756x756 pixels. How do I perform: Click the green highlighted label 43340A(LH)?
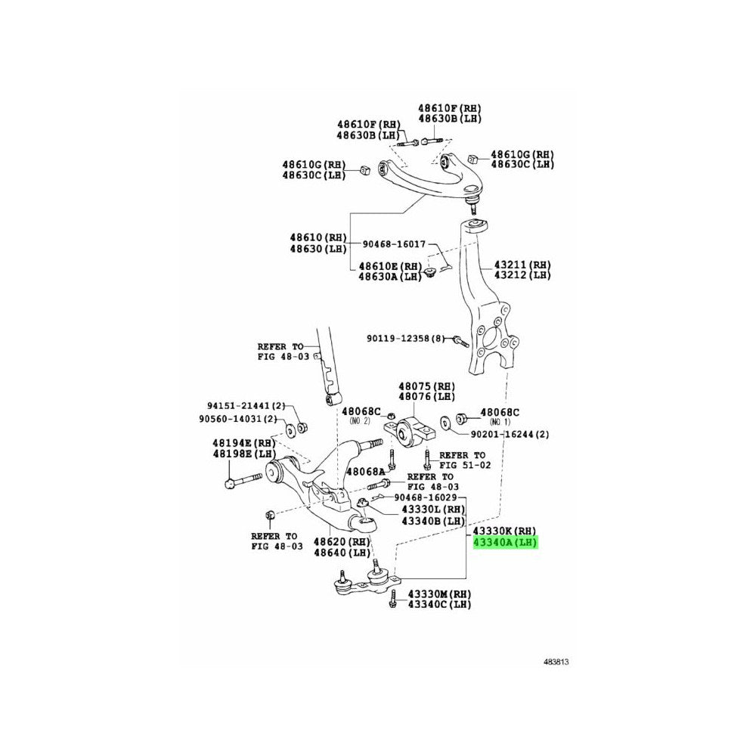(504, 544)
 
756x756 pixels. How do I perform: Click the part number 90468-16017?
(394, 245)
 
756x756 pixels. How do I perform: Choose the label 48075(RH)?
(427, 385)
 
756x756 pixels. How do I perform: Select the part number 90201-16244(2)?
(510, 435)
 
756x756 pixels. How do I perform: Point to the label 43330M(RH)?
(439, 593)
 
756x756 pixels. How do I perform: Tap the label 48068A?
(366, 472)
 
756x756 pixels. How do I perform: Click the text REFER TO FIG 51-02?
(465, 460)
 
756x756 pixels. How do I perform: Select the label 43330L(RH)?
(434, 510)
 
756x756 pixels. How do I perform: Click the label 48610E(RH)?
(389, 266)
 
